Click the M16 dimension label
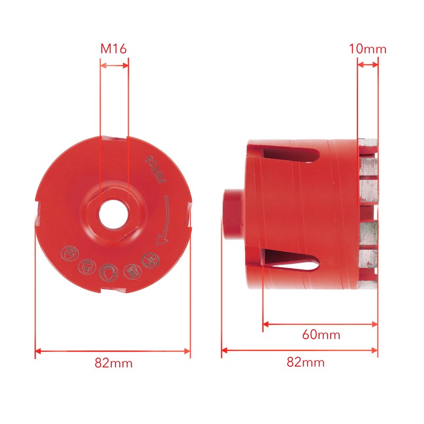tap(113, 49)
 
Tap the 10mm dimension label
tap(367, 49)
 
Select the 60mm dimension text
tap(321, 335)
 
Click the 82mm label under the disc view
tap(113, 363)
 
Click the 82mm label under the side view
tap(305, 363)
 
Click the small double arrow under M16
tap(114, 66)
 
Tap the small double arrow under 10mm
tap(368, 65)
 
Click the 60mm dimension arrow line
tap(320, 323)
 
